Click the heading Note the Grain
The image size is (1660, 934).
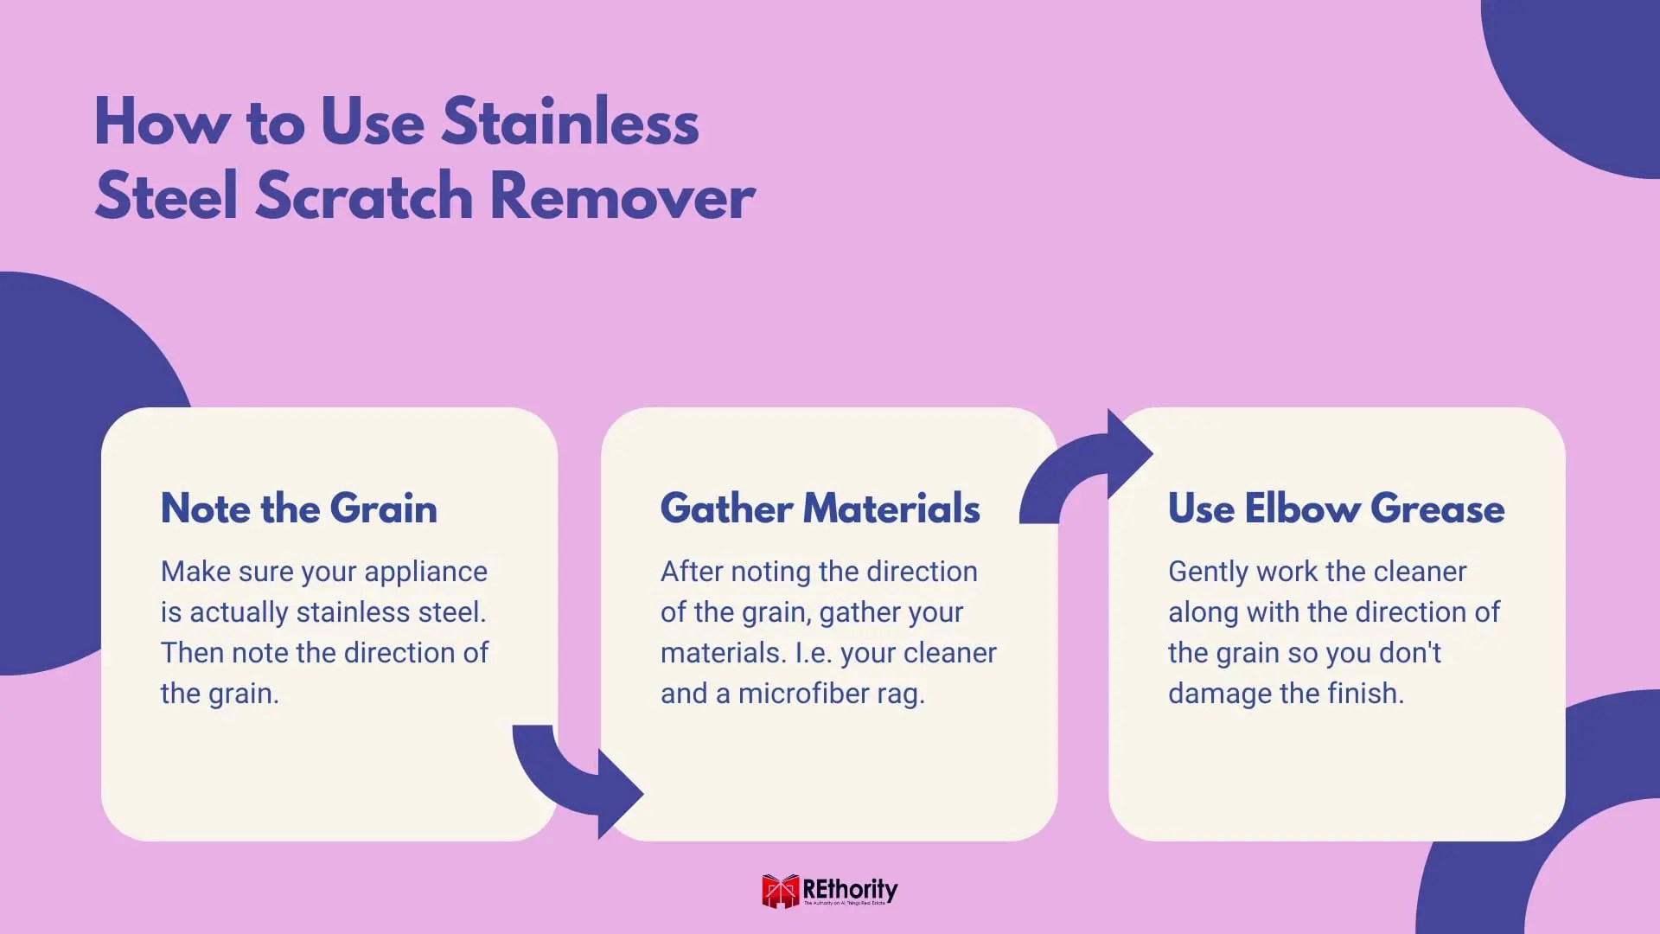(x=299, y=509)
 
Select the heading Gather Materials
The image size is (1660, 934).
(x=820, y=509)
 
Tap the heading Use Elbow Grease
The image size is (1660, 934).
(x=1336, y=509)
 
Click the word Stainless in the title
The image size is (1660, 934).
(x=570, y=122)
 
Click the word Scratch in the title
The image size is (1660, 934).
(x=365, y=197)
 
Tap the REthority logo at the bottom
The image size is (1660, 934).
(x=829, y=891)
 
